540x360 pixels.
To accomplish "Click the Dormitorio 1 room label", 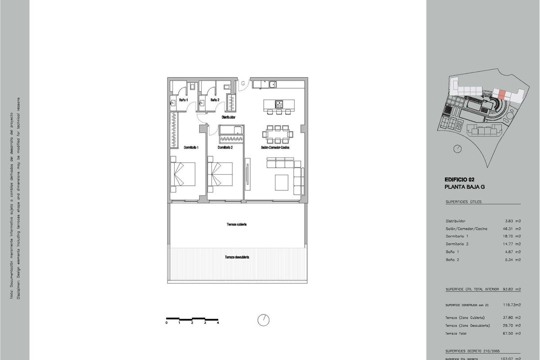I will pos(191,148).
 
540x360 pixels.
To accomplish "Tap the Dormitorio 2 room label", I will pos(225,148).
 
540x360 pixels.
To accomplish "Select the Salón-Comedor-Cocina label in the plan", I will pos(274,148).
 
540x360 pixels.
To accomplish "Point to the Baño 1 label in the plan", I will pos(184,100).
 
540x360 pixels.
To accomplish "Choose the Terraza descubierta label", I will pos(237,257).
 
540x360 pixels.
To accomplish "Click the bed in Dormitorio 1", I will pos(183,175).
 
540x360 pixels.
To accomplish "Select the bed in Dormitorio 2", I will pos(220,175).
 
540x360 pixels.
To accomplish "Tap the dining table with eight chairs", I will pos(278,133).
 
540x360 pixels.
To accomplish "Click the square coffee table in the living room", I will pos(282,182).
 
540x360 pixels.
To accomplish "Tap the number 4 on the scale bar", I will pos(218,323).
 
